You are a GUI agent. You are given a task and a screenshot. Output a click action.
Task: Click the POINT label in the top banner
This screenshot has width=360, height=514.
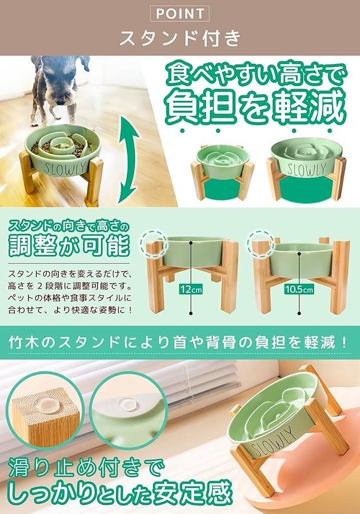(x=179, y=14)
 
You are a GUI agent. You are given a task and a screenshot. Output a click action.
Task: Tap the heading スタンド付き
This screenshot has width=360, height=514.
(x=180, y=38)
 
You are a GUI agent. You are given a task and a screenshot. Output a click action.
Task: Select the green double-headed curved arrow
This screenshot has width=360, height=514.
(x=129, y=160)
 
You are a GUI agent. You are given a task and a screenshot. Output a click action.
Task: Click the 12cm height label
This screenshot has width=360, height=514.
(x=191, y=290)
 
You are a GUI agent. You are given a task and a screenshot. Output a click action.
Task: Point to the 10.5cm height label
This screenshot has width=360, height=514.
(x=299, y=290)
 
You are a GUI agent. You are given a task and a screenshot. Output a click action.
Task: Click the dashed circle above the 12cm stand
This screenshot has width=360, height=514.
(x=154, y=243)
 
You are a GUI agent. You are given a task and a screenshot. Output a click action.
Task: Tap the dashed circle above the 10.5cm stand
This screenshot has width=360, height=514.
(x=261, y=243)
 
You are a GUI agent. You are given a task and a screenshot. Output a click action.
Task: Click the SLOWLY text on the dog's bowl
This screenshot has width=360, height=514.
(x=66, y=168)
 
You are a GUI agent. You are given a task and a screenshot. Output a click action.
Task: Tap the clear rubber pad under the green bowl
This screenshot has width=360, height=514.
(x=128, y=403)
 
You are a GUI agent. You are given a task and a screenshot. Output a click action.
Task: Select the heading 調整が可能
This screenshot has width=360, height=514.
(x=69, y=245)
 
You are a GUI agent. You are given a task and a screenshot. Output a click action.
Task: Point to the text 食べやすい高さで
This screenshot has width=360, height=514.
(x=257, y=75)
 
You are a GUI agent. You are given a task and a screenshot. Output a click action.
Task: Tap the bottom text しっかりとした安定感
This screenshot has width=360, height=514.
(x=118, y=493)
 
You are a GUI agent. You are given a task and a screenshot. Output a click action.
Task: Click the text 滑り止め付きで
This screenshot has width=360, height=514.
(x=86, y=468)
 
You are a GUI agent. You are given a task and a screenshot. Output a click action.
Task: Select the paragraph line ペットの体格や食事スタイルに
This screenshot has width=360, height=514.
(x=70, y=298)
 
